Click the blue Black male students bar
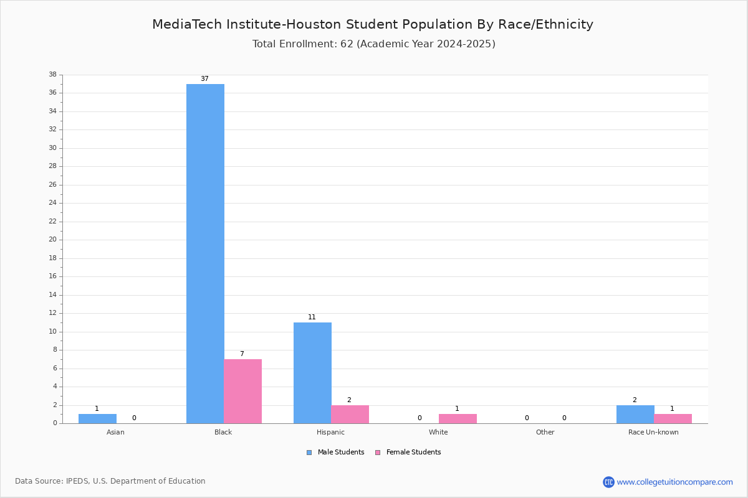[x=205, y=254]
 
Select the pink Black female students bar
[x=242, y=392]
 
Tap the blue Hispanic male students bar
[x=312, y=373]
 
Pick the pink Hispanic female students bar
[x=350, y=415]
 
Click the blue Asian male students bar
[x=97, y=419]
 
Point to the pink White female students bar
[x=458, y=419]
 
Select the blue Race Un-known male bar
[x=635, y=415]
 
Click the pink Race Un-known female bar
[x=673, y=419]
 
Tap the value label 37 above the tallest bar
[x=204, y=78]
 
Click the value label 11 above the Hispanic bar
[x=312, y=317]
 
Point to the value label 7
[x=242, y=354]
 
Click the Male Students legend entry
[x=335, y=453]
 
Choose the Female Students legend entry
[x=408, y=453]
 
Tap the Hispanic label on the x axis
[x=330, y=432]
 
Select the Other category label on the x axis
[x=545, y=432]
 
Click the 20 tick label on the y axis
[x=53, y=240]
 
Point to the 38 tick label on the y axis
[x=53, y=74]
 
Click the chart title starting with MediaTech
[x=373, y=24]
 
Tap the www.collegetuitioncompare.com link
[x=675, y=482]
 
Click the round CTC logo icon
[x=608, y=482]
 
